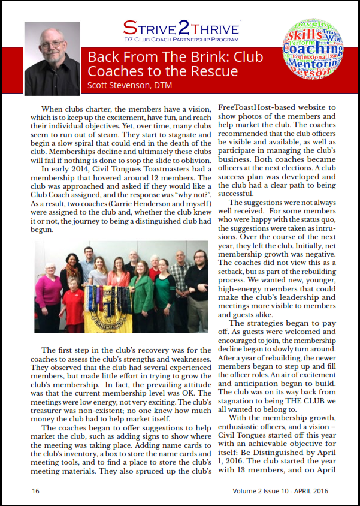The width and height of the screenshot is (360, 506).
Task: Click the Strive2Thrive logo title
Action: (181, 28)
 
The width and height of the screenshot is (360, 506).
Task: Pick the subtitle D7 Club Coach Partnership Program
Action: (181, 41)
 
